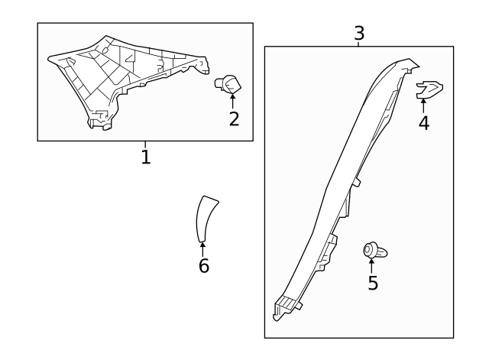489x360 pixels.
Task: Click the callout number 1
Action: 146,157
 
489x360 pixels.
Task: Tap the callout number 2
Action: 234,119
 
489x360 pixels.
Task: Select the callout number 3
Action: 359,33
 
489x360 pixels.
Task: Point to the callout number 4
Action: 424,122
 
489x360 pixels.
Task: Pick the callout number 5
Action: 373,283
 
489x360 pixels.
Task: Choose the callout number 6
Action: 204,266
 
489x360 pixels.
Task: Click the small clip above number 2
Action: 228,84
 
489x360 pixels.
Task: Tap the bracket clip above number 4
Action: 429,90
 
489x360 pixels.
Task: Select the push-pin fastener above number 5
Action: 375,251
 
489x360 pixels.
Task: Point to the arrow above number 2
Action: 232,101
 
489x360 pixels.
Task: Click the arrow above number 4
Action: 423,105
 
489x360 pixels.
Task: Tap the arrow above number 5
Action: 371,266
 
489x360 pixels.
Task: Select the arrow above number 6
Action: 202,250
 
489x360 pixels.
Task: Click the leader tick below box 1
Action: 145,144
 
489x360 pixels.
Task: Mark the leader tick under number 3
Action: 358,44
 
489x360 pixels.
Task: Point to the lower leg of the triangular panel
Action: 100,118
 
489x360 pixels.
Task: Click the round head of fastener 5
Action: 369,250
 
